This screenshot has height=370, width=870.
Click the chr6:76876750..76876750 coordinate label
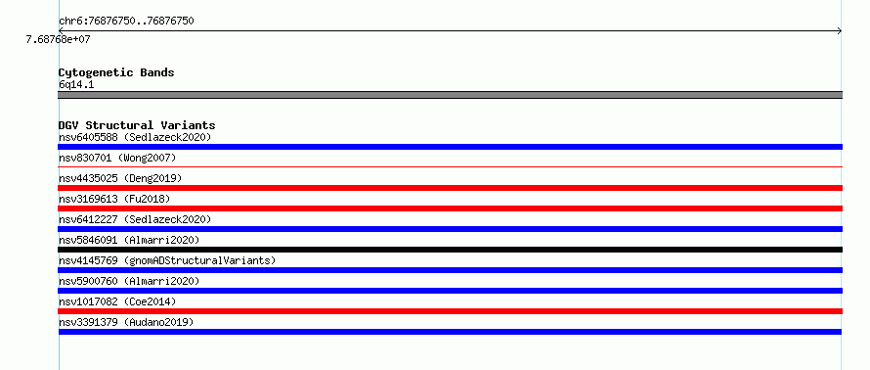126,22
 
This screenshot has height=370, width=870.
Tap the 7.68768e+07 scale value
59,39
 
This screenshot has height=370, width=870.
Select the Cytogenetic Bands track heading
116,72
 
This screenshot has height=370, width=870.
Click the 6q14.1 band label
76,84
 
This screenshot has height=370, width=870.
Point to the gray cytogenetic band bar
450,95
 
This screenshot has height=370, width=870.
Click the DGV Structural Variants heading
137,125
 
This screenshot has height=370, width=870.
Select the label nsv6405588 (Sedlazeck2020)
135,137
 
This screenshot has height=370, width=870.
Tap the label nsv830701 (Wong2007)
117,158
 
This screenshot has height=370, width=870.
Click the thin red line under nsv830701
450,166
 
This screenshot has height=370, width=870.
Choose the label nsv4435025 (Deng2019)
120,178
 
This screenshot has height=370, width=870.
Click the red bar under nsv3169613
450,208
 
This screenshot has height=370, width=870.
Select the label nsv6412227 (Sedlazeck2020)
135,219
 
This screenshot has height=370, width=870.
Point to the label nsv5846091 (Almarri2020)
129,240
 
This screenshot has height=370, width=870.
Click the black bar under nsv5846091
450,250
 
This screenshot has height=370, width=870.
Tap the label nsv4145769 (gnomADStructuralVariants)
167,260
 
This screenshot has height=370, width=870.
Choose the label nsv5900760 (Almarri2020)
129,281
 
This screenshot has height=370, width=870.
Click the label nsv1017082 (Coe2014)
117,301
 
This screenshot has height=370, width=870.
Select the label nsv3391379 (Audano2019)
126,322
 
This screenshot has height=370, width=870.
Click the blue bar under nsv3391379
450,332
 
